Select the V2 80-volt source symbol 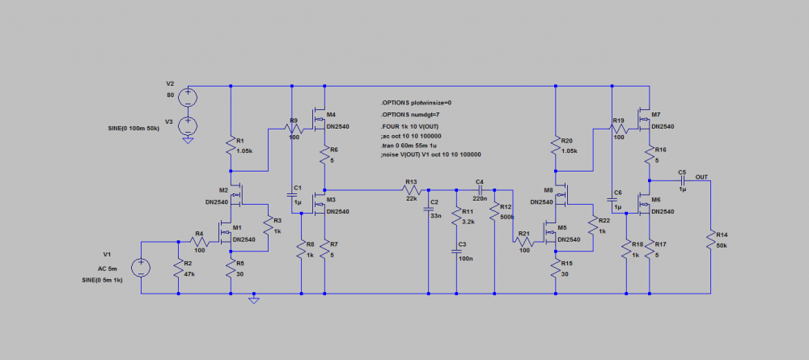point(188,98)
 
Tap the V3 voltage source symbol point(188,125)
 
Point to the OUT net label point(701,176)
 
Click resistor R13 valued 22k point(410,190)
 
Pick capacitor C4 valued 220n point(479,190)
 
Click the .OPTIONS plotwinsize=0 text point(416,103)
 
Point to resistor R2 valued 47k point(178,267)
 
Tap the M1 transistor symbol point(225,235)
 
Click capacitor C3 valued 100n point(458,250)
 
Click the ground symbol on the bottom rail point(254,300)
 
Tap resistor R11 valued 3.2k point(458,216)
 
